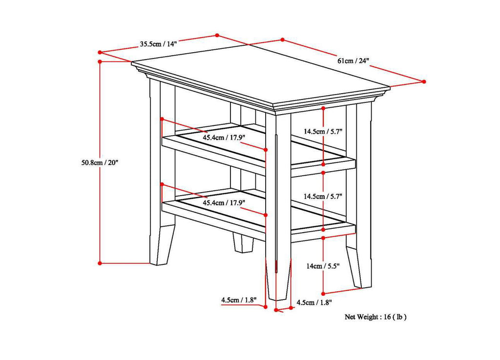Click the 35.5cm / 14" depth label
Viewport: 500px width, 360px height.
158,44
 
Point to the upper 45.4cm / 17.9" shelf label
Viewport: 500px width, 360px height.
224,138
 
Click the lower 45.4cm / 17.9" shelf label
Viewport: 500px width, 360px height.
224,202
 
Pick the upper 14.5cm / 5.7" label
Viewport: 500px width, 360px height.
323,131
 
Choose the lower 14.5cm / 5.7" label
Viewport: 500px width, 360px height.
323,196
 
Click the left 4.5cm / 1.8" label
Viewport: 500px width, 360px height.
239,300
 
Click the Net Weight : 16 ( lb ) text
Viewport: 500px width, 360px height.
375,317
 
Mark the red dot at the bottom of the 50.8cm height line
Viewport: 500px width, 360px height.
100,263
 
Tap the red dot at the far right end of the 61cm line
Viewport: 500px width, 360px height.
424,81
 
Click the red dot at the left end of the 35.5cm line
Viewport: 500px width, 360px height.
100,52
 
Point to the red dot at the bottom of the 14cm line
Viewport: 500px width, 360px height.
324,294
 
